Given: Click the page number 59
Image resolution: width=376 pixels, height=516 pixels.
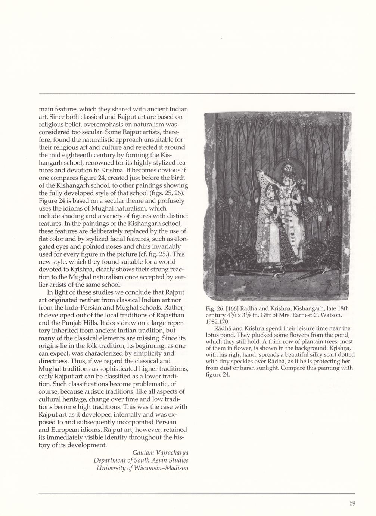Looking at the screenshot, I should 352,503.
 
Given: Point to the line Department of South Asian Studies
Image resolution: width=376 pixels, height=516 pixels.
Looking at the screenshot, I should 141,460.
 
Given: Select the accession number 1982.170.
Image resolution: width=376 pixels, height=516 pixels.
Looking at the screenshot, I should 218,321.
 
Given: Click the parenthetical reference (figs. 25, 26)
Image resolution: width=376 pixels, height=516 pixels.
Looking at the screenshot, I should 170,193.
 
